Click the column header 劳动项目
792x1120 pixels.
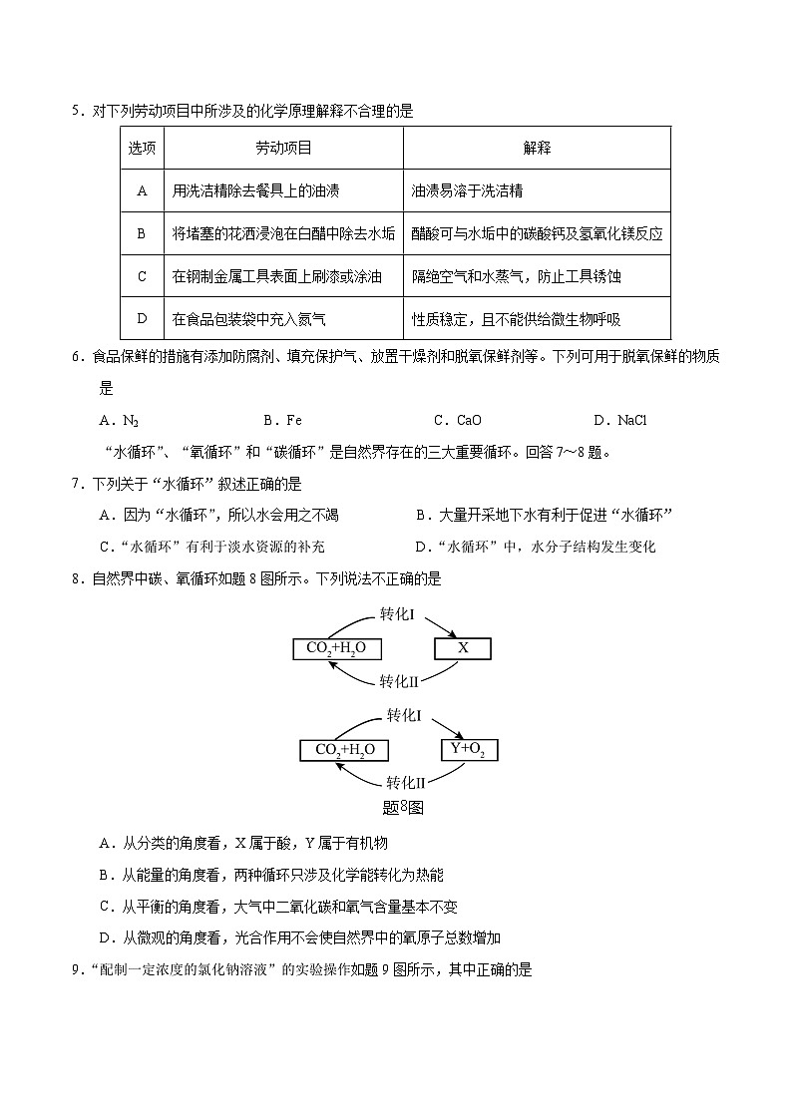click(x=283, y=148)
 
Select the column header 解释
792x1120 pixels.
click(x=537, y=148)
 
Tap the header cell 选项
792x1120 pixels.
click(x=142, y=148)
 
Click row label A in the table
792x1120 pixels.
click(x=142, y=190)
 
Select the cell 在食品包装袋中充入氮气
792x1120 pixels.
click(x=249, y=319)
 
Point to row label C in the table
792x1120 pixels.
click(x=142, y=276)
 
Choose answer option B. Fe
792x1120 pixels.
click(x=282, y=421)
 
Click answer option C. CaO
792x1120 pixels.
click(x=458, y=421)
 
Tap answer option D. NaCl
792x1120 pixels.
click(x=619, y=421)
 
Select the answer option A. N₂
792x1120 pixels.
click(x=120, y=421)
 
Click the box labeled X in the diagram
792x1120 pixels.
click(x=462, y=648)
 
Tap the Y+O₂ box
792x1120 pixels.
click(x=469, y=749)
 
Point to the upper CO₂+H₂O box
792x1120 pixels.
click(x=336, y=648)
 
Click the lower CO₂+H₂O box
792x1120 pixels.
click(x=344, y=750)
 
